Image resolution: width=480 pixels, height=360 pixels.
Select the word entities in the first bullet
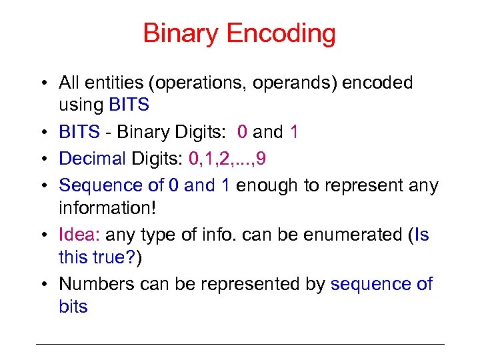(115, 83)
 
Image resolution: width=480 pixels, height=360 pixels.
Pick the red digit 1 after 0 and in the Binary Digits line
(294, 132)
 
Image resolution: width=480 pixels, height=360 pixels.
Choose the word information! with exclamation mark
(107, 209)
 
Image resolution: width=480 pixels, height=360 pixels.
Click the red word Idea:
(79, 235)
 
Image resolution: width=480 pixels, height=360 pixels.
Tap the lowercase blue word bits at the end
(73, 307)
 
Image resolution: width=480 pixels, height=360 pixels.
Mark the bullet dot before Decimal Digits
(42, 159)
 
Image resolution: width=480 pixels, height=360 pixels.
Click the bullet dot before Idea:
(42, 235)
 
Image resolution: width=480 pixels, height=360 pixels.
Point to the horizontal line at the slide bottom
(240, 344)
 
